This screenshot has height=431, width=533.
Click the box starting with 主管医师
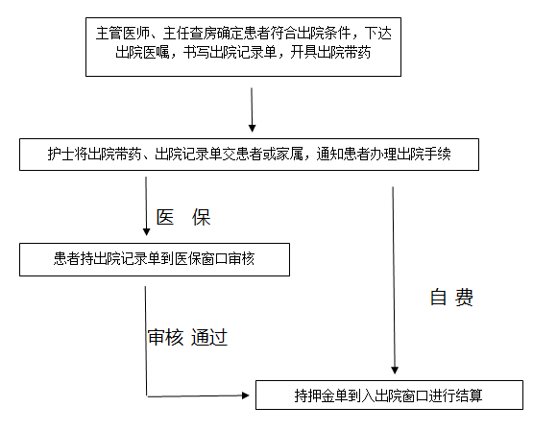coord(243,47)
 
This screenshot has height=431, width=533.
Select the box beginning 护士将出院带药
coord(249,155)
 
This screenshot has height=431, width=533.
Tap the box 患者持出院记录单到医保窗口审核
coord(155,259)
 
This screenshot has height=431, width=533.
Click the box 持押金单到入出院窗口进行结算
coord(389,395)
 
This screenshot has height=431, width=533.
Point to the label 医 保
coord(183,217)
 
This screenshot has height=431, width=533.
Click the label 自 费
coord(451,298)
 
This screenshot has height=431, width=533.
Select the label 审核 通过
coord(187,338)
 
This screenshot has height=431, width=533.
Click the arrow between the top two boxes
coord(252,109)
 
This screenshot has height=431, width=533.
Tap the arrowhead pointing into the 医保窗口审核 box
coord(147,231)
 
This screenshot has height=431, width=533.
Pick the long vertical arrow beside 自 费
coord(394,280)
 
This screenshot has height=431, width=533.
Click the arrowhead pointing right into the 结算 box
coord(246,395)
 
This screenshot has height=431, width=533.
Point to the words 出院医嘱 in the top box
coord(142,53)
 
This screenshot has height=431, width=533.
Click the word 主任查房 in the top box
coord(190,34)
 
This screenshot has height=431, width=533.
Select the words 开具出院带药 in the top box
coord(330,53)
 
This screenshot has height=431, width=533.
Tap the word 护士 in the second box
coord(61,155)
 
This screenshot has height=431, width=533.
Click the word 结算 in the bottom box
coord(469,395)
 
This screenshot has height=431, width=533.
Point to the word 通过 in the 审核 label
coord(209,338)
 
